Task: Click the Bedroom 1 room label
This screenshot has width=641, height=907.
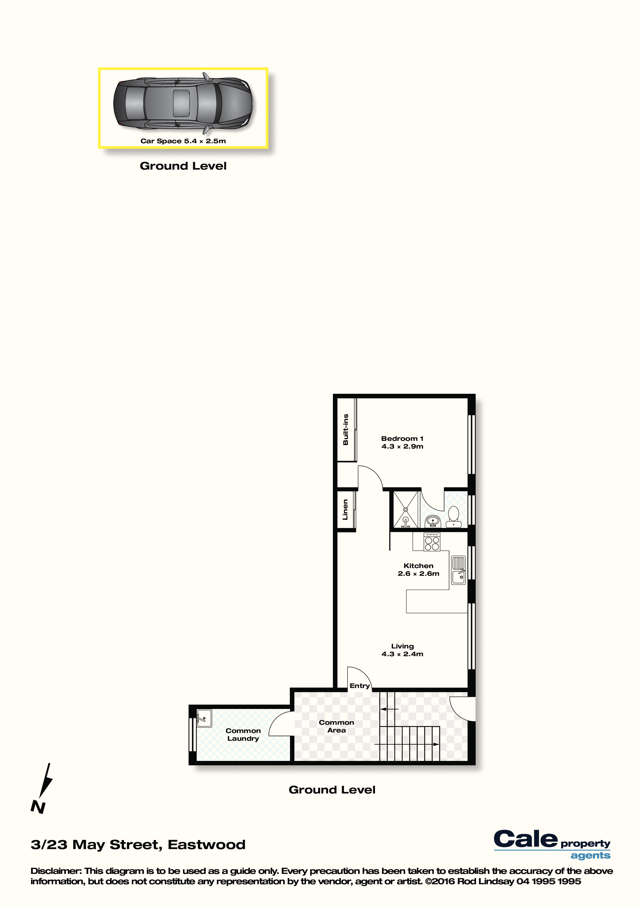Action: click(x=402, y=442)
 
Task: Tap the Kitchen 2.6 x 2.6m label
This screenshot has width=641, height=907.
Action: click(x=418, y=570)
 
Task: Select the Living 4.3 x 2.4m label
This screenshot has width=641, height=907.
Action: click(x=402, y=650)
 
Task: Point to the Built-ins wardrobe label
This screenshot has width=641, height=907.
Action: click(x=346, y=429)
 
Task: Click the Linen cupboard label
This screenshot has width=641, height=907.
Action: click(x=345, y=510)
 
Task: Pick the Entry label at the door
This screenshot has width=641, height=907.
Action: click(x=360, y=686)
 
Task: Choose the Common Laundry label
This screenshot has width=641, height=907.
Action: click(x=243, y=734)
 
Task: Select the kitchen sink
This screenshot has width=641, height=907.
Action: click(x=458, y=570)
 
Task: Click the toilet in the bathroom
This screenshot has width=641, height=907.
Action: click(x=453, y=517)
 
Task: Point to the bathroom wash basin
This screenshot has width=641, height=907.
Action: click(x=433, y=521)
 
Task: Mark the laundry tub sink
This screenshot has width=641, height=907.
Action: click(x=204, y=718)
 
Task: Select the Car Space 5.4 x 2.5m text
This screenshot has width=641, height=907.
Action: click(x=183, y=141)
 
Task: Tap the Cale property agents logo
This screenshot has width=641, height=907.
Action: click(x=552, y=845)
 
